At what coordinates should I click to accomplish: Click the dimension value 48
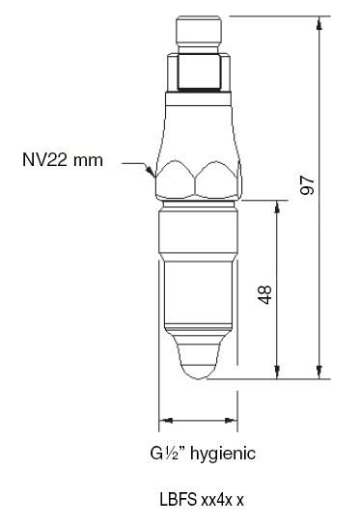(266, 292)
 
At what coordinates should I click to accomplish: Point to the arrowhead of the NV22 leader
(149, 172)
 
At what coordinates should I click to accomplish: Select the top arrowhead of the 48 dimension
(278, 206)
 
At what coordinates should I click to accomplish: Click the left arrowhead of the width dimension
(164, 421)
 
